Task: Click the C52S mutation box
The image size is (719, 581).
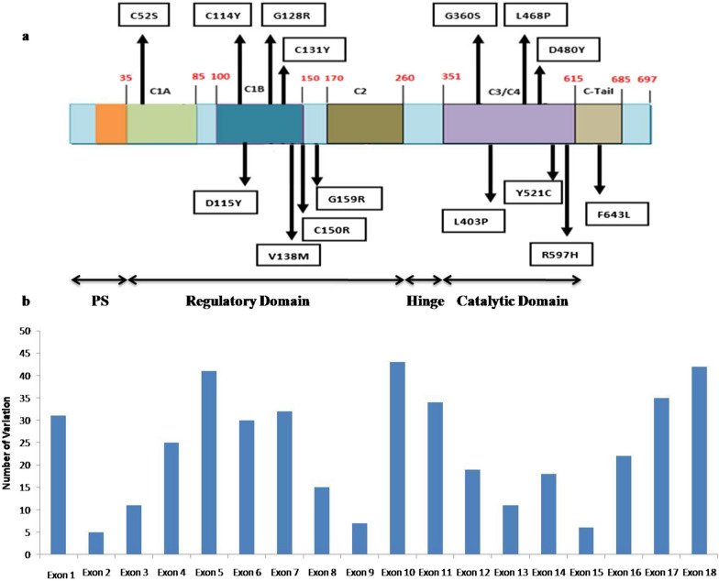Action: click(x=143, y=15)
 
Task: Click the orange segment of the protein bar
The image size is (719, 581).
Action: click(x=111, y=124)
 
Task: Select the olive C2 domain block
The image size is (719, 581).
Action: click(x=365, y=124)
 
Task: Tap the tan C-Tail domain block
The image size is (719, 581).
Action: click(x=598, y=124)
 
